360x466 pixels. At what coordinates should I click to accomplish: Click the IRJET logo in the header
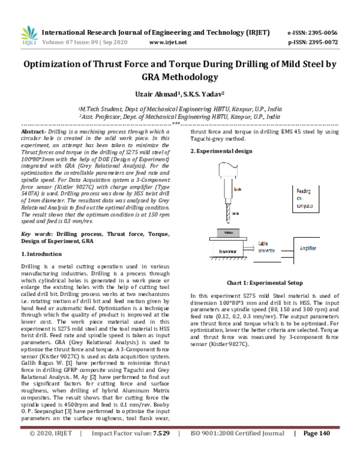pos(29,35)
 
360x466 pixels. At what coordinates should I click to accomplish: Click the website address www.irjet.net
pos(167,43)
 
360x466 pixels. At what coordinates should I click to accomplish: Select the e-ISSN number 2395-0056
pos(321,32)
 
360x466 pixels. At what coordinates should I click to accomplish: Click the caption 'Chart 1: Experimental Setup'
pos(265,282)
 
